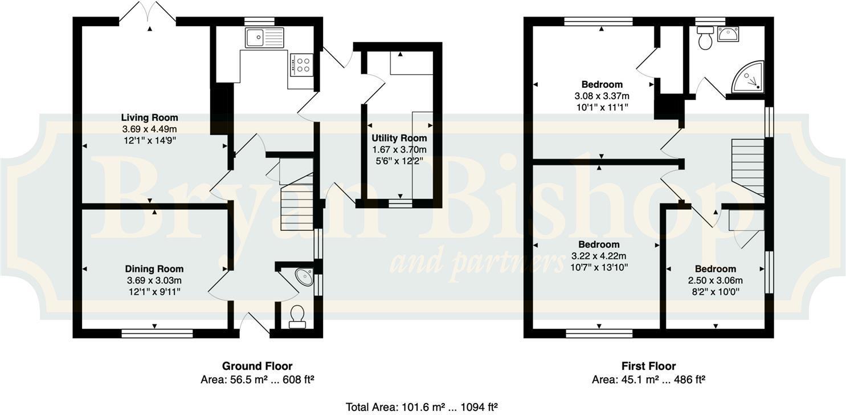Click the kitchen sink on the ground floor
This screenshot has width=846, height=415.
pyautogui.click(x=264, y=38)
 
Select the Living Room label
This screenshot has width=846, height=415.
pyautogui.click(x=149, y=118)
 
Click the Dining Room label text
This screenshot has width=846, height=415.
pyautogui.click(x=154, y=269)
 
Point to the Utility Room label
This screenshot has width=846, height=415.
pyautogui.click(x=399, y=138)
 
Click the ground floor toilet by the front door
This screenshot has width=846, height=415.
pyautogui.click(x=297, y=316)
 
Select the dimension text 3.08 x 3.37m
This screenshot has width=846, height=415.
pyautogui.click(x=602, y=96)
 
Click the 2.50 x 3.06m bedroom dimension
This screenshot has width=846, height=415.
pyautogui.click(x=715, y=280)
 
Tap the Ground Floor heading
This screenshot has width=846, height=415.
pyautogui.click(x=257, y=366)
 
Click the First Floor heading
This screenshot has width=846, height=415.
pyautogui.click(x=648, y=366)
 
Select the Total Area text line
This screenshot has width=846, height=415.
pyautogui.click(x=422, y=407)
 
